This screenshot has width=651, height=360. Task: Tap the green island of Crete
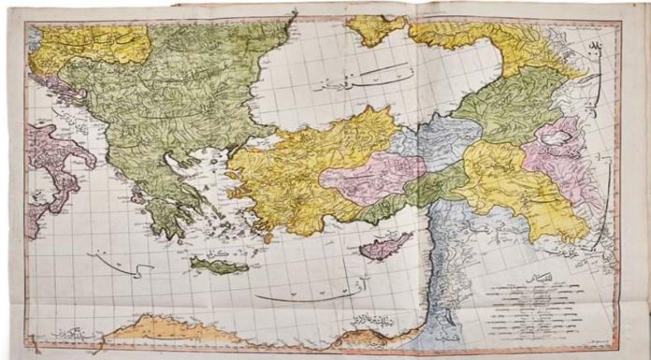coord(219,266)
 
